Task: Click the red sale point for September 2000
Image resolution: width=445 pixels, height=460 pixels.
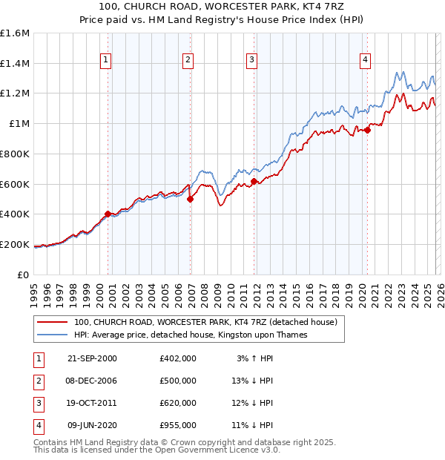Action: click(108, 214)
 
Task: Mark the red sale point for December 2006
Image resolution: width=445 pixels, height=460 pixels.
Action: click(190, 199)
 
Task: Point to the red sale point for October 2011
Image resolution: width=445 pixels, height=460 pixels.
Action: click(254, 180)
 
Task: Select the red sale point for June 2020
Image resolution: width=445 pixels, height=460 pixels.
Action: click(367, 130)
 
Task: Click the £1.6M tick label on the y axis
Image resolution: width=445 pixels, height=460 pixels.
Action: click(15, 33)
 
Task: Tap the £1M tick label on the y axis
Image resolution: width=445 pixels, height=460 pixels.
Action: click(19, 124)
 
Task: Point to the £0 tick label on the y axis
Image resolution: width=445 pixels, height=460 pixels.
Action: click(24, 275)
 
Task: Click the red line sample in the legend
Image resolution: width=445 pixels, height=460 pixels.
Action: click(53, 322)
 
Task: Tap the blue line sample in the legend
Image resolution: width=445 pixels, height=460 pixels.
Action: click(53, 335)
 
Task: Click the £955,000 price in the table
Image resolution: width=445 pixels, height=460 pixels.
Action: click(178, 425)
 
